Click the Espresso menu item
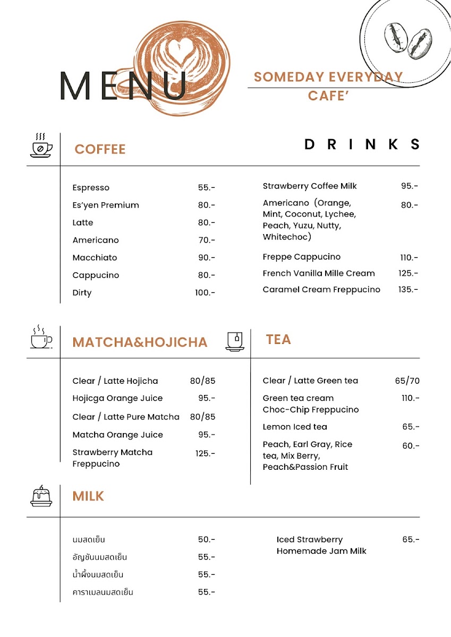click(x=91, y=188)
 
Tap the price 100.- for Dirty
click(x=205, y=293)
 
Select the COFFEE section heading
click(x=100, y=149)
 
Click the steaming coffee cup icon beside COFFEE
click(x=41, y=145)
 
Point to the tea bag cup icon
click(x=235, y=340)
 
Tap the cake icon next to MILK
click(x=41, y=496)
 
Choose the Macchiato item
click(x=95, y=258)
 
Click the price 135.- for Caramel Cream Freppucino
click(x=408, y=290)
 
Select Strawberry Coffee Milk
click(x=310, y=186)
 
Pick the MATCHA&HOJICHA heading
click(x=140, y=342)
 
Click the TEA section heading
click(x=278, y=340)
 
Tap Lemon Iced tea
click(x=295, y=427)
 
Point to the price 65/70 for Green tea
click(x=407, y=381)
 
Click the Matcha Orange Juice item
click(x=118, y=435)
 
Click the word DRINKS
click(x=362, y=144)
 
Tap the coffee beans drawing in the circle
click(x=407, y=39)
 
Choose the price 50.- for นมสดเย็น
click(x=206, y=540)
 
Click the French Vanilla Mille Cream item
click(x=319, y=273)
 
